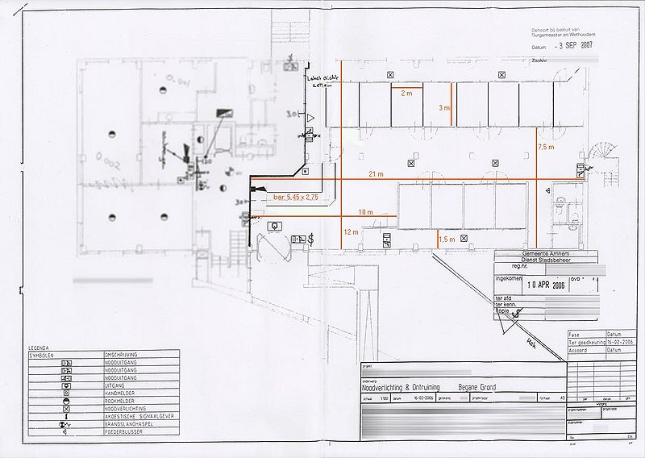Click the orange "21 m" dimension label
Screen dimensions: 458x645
click(x=376, y=174)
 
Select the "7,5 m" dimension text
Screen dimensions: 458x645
click(x=546, y=148)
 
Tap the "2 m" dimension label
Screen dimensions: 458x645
click(x=406, y=94)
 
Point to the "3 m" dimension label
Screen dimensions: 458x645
click(x=443, y=107)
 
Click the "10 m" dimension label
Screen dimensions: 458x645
click(x=366, y=212)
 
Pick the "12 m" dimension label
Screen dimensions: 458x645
click(x=351, y=232)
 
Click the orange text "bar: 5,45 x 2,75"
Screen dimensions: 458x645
click(x=297, y=197)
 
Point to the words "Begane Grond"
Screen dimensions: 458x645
click(x=477, y=388)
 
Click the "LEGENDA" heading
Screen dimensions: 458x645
click(x=39, y=347)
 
